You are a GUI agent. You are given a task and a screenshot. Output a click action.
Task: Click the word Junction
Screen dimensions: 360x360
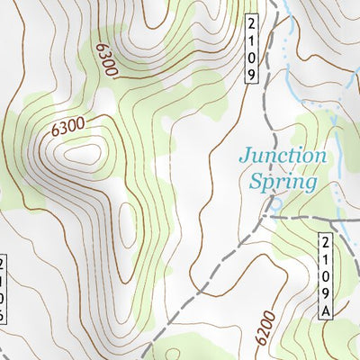click(x=282, y=157)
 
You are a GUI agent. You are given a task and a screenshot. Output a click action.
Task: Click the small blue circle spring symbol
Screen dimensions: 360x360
click(x=275, y=204)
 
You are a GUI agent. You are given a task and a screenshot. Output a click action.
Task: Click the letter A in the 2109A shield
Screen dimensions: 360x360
click(x=326, y=310)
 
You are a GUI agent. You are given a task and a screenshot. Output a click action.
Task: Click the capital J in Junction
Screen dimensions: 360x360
click(x=245, y=157)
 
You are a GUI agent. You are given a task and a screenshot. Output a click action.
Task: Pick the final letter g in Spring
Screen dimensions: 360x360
click(x=311, y=184)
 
